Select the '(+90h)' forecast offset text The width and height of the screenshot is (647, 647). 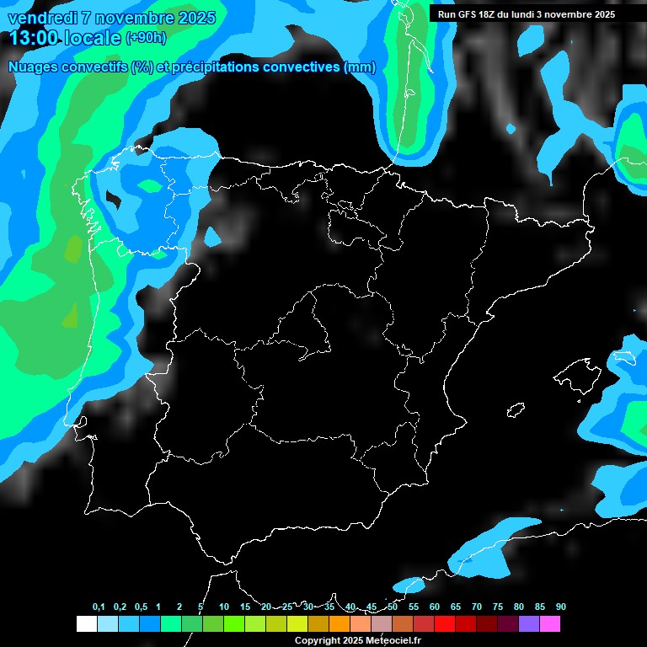point(145,38)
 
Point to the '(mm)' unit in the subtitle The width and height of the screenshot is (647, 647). point(361,67)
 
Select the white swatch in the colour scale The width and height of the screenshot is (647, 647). point(86,624)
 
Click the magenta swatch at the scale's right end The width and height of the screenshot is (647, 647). point(550,624)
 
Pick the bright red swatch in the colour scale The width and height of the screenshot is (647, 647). point(445,624)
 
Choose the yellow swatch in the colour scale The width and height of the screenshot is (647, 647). point(297,624)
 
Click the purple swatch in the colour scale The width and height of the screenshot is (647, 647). point(529,624)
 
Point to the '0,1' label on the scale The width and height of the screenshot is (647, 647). point(99,607)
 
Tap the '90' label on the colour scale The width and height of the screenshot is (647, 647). point(561,607)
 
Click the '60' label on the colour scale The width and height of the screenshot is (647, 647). point(435,607)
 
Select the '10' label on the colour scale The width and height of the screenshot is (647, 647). point(224,607)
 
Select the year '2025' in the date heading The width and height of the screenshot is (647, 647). point(194,17)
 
